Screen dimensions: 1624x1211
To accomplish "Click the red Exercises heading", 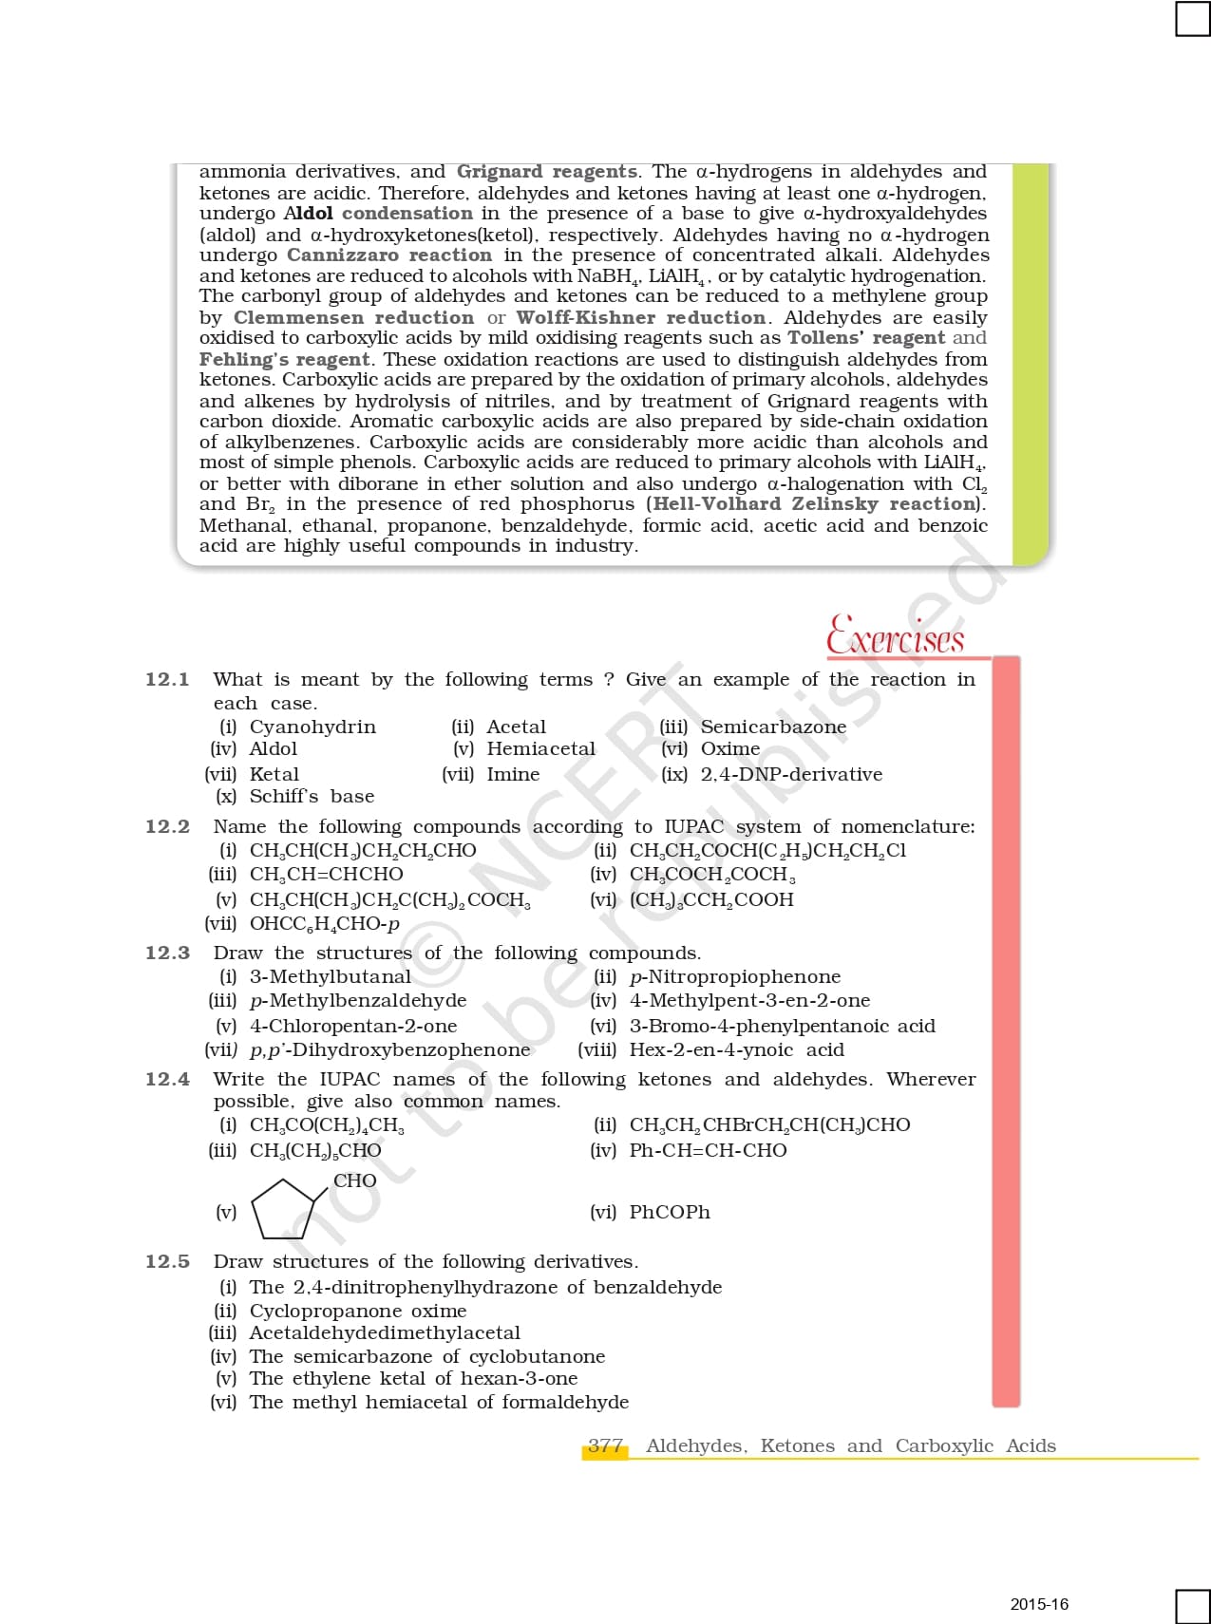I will tap(895, 635).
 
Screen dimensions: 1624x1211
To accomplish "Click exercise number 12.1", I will tap(167, 679).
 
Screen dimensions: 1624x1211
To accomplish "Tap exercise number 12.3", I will tap(167, 953).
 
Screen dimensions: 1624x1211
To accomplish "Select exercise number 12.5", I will tap(167, 1261).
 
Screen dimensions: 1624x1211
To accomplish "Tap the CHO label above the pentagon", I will tap(354, 1180).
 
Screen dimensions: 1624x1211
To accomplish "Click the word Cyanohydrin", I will tap(312, 727).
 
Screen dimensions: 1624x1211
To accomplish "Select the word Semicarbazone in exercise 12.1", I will tap(773, 727).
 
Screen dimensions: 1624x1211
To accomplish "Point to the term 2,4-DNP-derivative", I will tap(791, 774).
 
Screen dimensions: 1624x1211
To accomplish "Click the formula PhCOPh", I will tap(670, 1212).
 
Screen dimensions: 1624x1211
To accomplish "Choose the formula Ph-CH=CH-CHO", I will tap(708, 1150).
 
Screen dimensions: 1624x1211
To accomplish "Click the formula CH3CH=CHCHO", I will tap(326, 874).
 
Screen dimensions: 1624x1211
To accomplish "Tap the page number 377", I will tap(605, 1445).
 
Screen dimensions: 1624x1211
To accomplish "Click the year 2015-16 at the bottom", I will tap(1039, 1604).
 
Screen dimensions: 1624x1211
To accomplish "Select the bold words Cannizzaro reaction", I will tap(389, 255).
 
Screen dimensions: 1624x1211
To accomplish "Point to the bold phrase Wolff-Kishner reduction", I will tap(641, 317).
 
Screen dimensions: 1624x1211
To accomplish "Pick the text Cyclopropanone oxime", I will tap(358, 1311).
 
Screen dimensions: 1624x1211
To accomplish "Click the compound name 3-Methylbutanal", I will tap(331, 976).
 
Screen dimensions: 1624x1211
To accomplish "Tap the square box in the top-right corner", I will tap(1192, 19).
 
